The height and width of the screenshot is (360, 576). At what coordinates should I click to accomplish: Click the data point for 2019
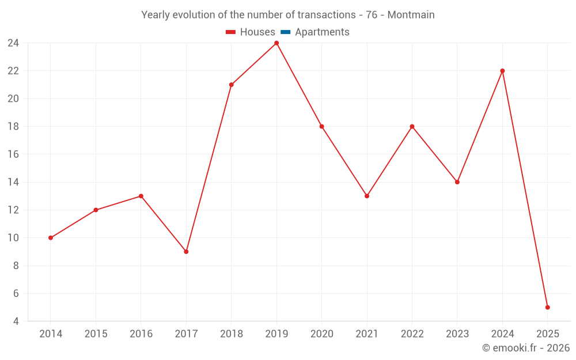click(x=276, y=43)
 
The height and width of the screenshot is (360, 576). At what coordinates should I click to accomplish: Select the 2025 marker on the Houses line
click(x=547, y=307)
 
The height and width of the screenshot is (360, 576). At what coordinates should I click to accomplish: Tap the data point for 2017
click(x=186, y=252)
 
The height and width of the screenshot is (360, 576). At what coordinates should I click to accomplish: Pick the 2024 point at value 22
click(x=502, y=71)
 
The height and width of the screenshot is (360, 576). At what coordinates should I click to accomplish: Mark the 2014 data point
click(x=51, y=238)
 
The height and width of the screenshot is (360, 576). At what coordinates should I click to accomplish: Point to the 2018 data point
click(x=232, y=85)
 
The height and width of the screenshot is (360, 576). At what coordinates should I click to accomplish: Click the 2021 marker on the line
click(x=367, y=196)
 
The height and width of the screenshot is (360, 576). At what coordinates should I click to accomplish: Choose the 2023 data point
click(x=457, y=182)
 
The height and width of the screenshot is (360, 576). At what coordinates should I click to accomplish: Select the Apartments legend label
click(x=322, y=32)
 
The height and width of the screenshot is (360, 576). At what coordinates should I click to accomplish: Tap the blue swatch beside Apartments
click(x=285, y=32)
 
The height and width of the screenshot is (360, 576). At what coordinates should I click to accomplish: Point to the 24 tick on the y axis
click(x=13, y=43)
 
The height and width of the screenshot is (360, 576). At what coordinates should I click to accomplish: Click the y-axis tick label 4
click(x=16, y=321)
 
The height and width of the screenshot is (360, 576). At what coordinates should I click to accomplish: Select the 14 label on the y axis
click(x=13, y=182)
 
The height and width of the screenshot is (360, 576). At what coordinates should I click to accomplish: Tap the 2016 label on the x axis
click(x=141, y=334)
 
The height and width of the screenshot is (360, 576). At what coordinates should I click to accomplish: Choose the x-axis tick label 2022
click(x=412, y=334)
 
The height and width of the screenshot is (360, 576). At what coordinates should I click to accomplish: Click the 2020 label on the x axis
click(x=321, y=334)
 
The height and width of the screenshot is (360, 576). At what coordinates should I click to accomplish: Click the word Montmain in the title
click(x=411, y=15)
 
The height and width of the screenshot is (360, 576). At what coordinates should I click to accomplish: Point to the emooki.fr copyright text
click(x=526, y=348)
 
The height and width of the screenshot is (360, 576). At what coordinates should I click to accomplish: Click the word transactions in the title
click(x=325, y=15)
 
